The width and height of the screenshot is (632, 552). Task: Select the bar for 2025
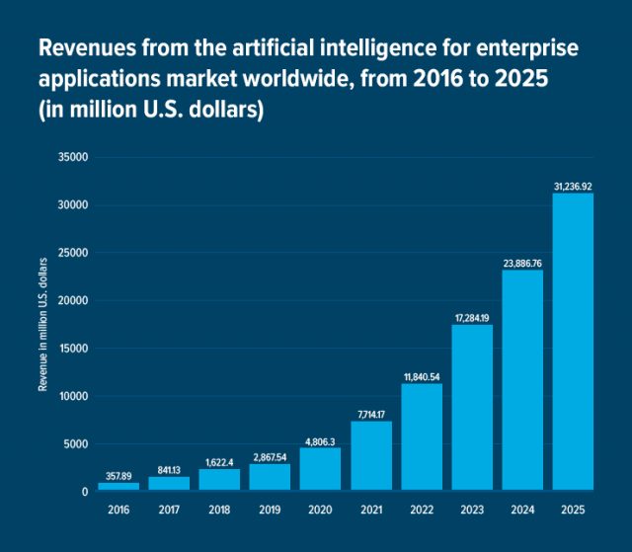pos(573,342)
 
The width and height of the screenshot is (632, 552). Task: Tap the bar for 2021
pos(371,455)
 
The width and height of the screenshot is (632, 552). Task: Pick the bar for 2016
pos(118,486)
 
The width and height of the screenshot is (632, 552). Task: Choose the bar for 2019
pos(270,476)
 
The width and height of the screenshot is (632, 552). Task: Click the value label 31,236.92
pos(573,184)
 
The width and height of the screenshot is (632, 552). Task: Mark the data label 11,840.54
pos(422,376)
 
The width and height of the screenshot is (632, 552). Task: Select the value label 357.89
pos(118,475)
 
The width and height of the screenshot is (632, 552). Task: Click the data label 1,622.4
pos(219,461)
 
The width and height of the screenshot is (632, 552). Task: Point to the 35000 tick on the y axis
pos(74,157)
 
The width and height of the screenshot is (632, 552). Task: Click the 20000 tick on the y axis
pos(74,300)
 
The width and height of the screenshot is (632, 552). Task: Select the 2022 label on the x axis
pos(422,511)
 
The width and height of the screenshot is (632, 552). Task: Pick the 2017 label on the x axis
pos(169,511)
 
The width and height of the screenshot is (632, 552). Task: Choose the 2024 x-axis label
pos(522,511)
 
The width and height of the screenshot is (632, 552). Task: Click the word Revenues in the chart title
pos(84,48)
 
